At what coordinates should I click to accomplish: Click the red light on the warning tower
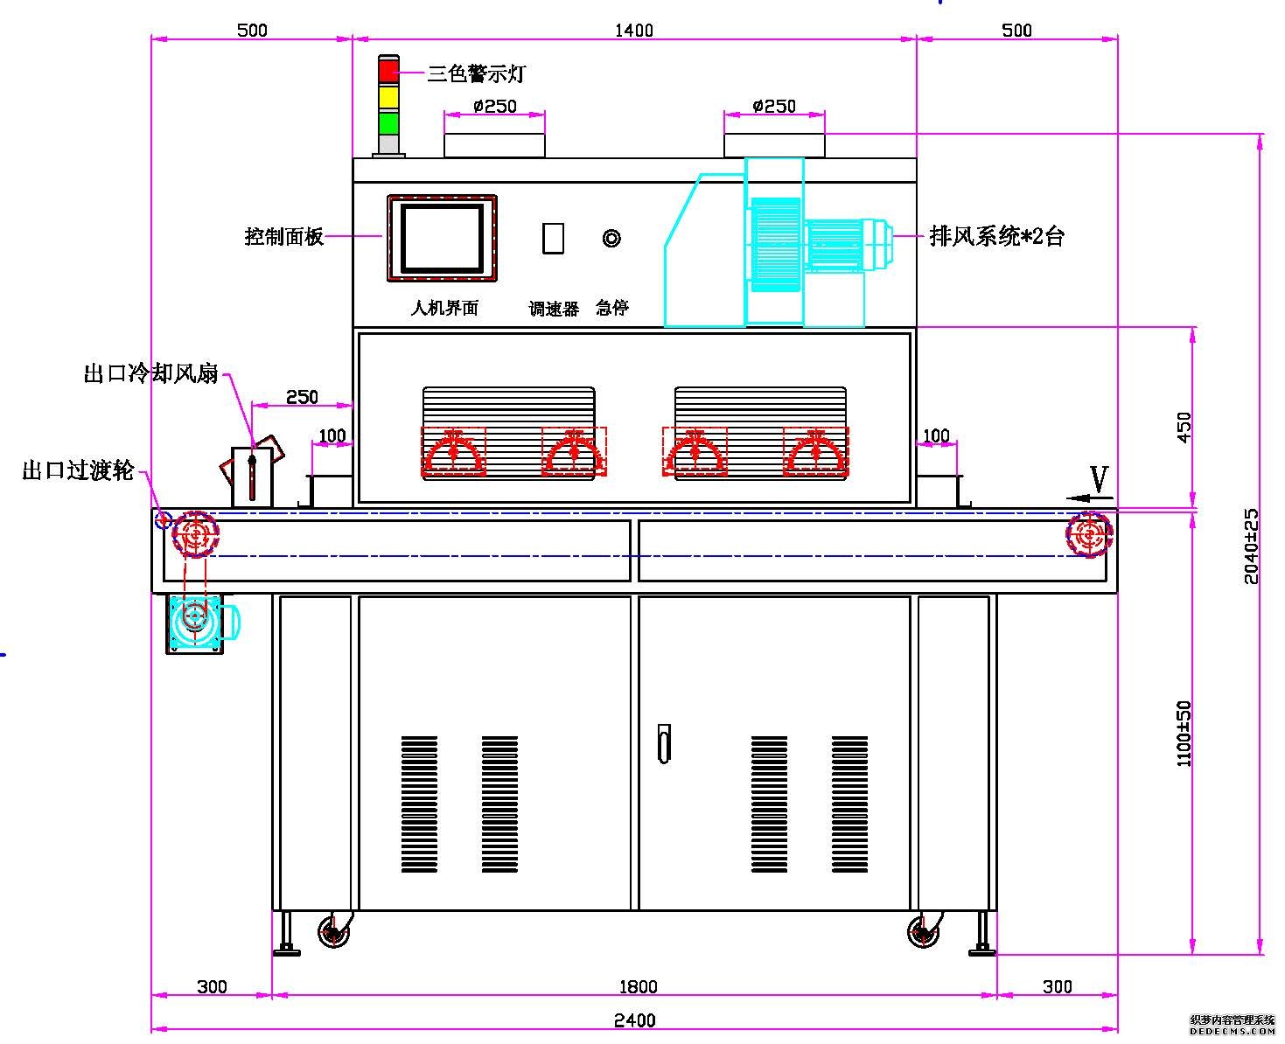388,70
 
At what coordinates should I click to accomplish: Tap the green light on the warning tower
388,122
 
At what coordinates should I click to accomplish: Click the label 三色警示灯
476,74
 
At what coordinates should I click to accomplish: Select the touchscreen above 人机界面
442,238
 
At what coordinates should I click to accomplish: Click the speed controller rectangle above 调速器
553,238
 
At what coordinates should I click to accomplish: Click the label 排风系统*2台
996,236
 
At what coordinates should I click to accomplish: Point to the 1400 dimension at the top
634,31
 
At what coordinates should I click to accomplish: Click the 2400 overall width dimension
634,1020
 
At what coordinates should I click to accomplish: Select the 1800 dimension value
638,987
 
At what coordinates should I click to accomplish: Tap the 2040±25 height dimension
1252,546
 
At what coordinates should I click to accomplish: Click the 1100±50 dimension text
1184,733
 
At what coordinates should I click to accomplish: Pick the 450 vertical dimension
1184,427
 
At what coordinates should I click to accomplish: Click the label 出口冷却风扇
150,374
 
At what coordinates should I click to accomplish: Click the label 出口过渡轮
78,470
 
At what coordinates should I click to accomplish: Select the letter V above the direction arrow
1100,479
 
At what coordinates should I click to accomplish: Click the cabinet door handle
664,743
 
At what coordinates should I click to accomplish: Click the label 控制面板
284,236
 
